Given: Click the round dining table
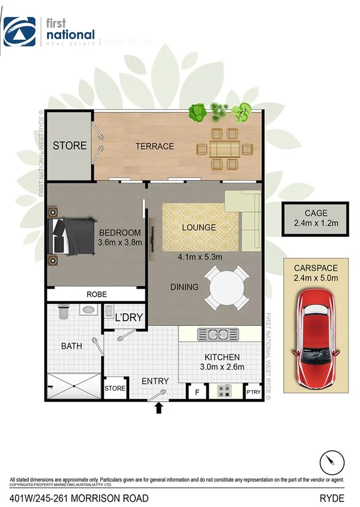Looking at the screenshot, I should point(226,287).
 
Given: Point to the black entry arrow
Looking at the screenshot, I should point(159,408).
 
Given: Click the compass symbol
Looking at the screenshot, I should point(331,462).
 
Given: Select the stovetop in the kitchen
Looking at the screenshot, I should point(224,391).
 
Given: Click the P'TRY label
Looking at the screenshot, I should point(253,393).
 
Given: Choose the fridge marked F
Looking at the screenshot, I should point(197,393).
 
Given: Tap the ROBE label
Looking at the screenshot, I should point(96,294).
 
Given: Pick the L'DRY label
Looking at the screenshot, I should point(129,318).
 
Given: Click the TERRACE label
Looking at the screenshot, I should point(154,146).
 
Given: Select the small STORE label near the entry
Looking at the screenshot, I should point(115,388).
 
